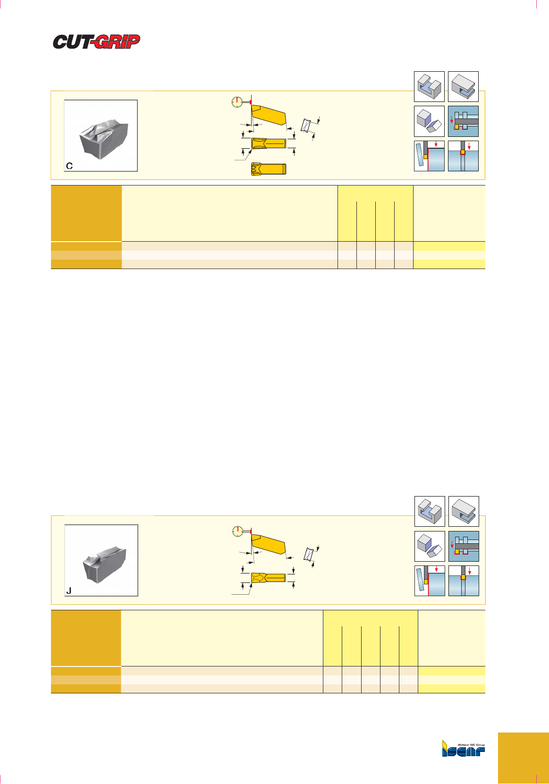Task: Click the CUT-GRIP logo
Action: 96,42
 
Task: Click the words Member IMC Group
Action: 471,745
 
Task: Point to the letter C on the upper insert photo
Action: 69,166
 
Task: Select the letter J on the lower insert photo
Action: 69,591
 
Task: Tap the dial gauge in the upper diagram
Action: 237,102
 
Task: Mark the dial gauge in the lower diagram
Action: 238,531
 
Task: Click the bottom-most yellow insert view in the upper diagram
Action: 269,169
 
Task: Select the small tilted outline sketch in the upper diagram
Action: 306,126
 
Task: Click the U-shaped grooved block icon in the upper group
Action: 429,86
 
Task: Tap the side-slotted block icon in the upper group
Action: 463,86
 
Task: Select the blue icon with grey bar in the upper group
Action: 463,121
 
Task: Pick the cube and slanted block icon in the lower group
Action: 430,546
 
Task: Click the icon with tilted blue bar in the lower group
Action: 430,581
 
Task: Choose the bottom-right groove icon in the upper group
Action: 463,156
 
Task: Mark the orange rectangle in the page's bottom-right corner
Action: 523,758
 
